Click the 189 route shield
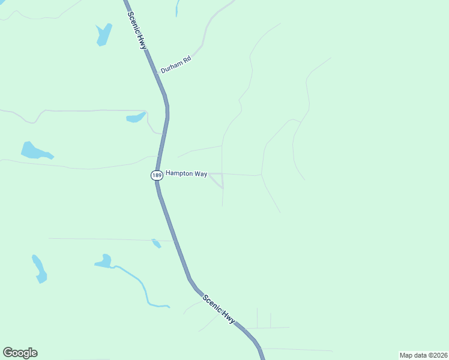pyautogui.click(x=156, y=175)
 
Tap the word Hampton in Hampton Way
pyautogui.click(x=179, y=173)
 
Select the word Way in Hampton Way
pyautogui.click(x=200, y=174)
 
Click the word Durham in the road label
pyautogui.click(x=171, y=65)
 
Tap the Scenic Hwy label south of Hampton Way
pyautogui.click(x=219, y=309)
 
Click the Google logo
pyautogui.click(x=20, y=353)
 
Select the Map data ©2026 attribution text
pyautogui.click(x=424, y=355)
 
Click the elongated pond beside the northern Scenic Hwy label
pyautogui.click(x=103, y=35)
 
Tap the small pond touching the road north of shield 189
pyautogui.click(x=136, y=117)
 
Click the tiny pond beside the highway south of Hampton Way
pyautogui.click(x=156, y=243)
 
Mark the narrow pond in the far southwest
pyautogui.click(x=39, y=268)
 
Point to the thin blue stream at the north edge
pyautogui.click(x=177, y=7)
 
